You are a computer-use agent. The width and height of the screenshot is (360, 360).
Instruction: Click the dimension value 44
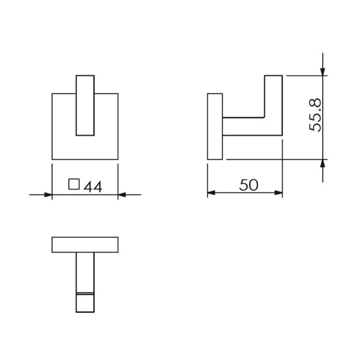(93, 187)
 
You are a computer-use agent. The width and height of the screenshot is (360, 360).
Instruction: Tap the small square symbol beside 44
(74, 184)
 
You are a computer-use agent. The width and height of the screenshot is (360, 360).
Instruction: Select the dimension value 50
(248, 185)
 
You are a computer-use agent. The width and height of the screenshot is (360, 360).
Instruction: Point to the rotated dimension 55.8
(315, 115)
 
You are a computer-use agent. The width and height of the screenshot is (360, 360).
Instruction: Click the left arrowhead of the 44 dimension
(48, 195)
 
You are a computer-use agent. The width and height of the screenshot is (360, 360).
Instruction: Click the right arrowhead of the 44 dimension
(122, 195)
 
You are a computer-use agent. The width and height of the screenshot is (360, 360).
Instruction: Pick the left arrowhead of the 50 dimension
(211, 193)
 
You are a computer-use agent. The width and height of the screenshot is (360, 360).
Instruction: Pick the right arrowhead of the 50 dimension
(279, 193)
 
